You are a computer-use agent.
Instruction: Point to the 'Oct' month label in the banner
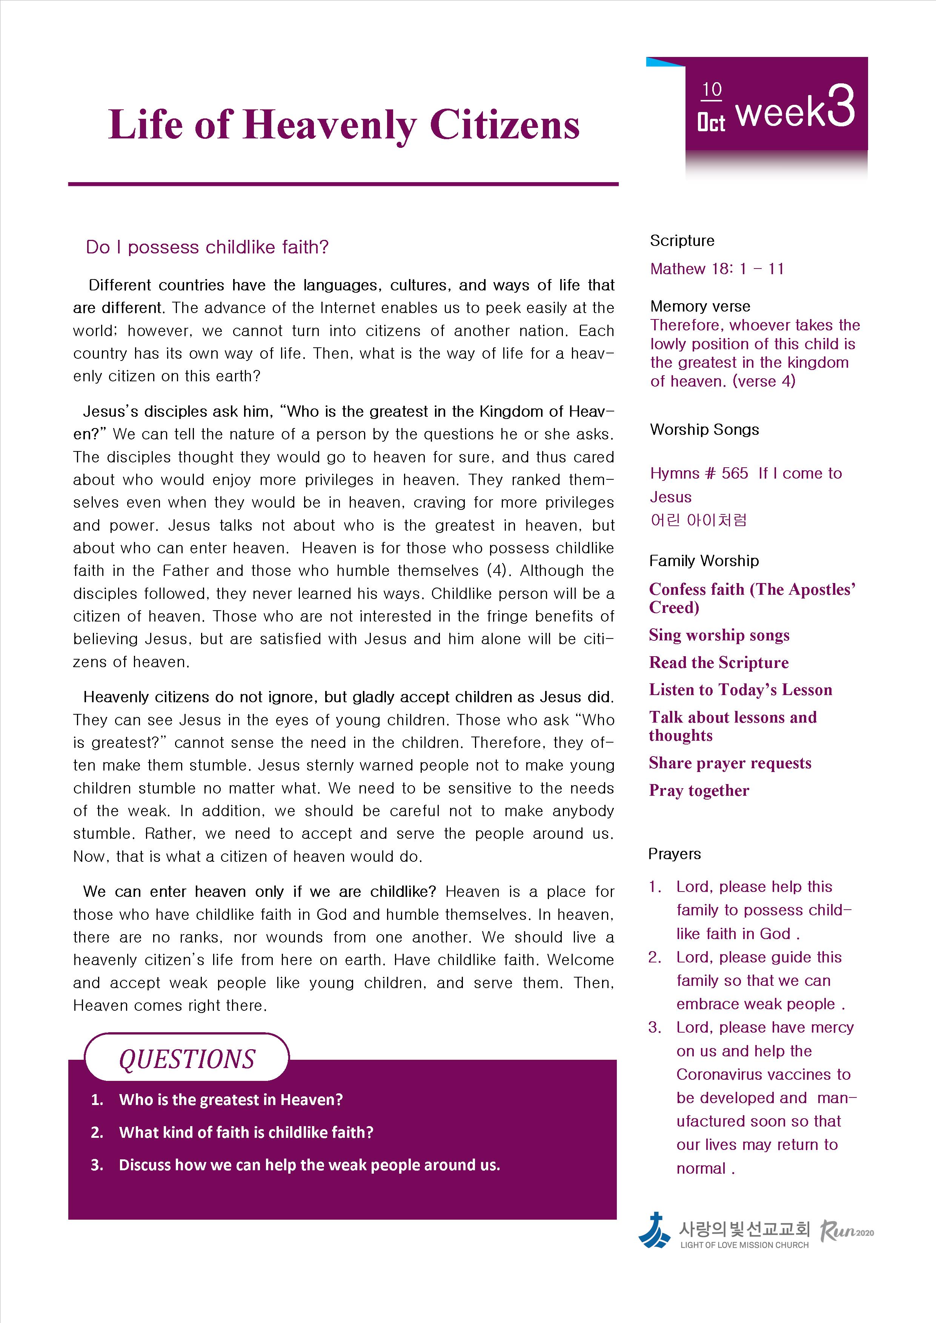coord(711,123)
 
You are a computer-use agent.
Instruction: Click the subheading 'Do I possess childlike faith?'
coord(207,247)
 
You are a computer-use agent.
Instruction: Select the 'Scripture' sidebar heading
coord(682,241)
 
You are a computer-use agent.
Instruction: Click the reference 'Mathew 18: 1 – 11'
coord(716,269)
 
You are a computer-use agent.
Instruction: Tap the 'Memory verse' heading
coord(700,306)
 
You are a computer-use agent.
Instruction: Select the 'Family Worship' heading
coord(703,561)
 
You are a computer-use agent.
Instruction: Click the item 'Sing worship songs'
coord(719,635)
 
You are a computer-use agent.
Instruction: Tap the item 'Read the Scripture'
coord(718,663)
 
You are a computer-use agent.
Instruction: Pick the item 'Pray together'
coord(699,790)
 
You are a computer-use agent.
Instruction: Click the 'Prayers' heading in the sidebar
coord(674,854)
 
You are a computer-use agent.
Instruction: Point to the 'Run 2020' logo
coord(846,1231)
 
